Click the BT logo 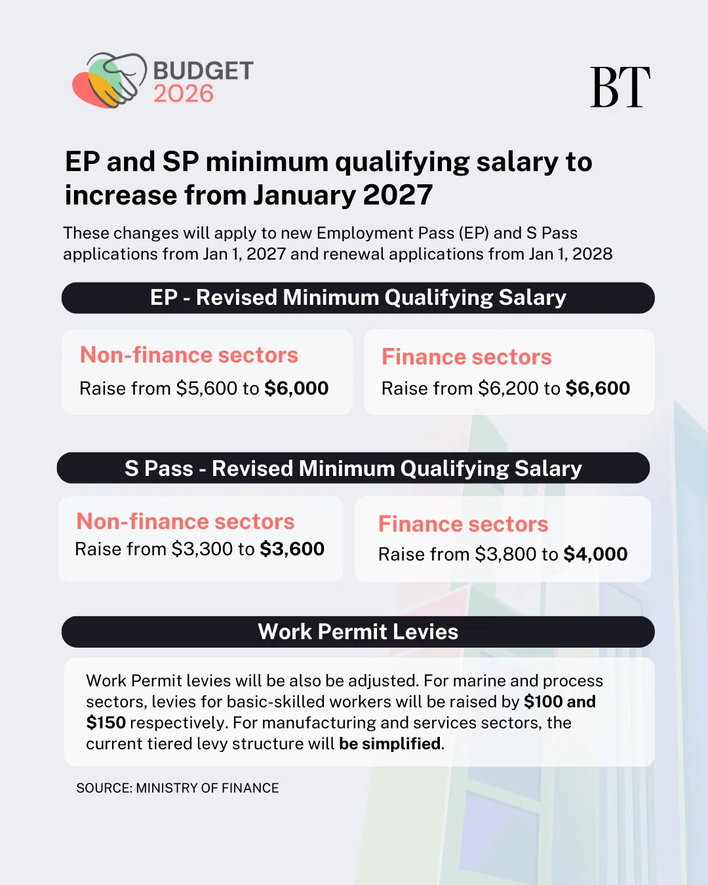click(619, 87)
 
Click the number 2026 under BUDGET click(184, 94)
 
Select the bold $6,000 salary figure click(296, 388)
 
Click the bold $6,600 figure click(597, 388)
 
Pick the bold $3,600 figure click(292, 549)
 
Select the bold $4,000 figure click(595, 554)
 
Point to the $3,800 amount click(505, 554)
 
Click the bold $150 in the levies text click(106, 722)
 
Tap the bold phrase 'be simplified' click(390, 743)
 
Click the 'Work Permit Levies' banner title click(358, 631)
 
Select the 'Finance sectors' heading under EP click(467, 357)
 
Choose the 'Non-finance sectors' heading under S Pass click(186, 521)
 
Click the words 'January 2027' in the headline click(343, 195)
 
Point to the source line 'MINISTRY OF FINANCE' click(207, 788)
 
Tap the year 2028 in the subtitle click(592, 254)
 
